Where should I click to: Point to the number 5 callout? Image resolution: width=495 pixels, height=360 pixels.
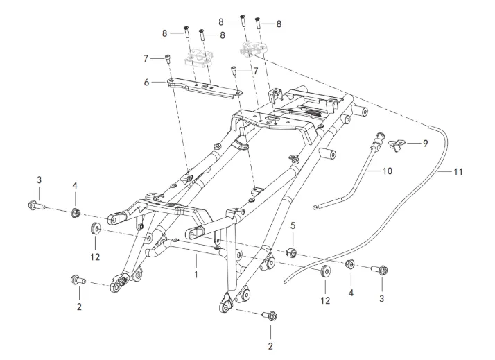293,226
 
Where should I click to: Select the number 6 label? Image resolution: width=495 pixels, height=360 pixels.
146,82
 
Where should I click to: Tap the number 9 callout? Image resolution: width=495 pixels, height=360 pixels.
425,143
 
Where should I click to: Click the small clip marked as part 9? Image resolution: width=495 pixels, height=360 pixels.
398,144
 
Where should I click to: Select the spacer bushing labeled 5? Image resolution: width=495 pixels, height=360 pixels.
293,250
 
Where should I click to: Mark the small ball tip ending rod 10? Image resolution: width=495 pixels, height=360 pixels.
315,206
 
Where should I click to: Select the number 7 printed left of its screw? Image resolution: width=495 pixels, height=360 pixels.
146,57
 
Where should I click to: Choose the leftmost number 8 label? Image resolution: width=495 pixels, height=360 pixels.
165,32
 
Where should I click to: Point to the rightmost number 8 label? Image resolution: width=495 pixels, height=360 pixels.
279,24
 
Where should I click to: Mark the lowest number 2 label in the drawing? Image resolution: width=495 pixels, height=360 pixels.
270,345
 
